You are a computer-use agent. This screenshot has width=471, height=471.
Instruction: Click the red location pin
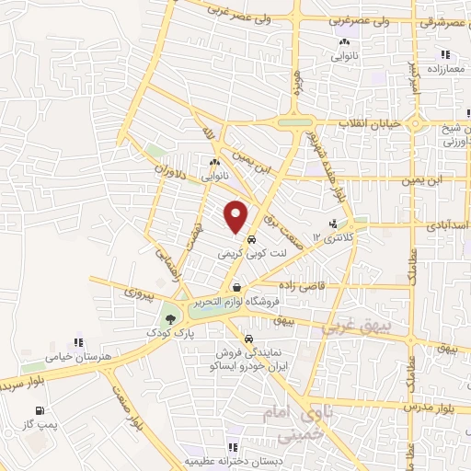236,215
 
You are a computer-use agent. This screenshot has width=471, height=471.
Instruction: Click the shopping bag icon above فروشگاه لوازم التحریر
236,288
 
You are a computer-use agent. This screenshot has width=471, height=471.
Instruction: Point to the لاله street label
210,135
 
